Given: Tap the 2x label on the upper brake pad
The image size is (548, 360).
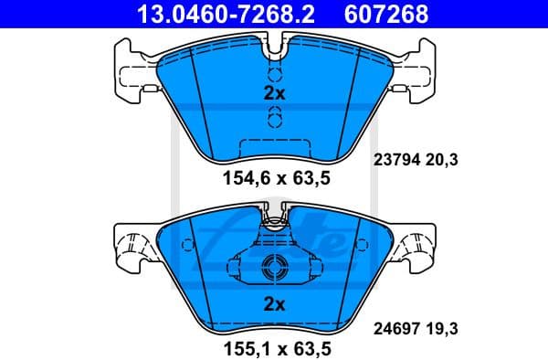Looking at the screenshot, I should (274, 93).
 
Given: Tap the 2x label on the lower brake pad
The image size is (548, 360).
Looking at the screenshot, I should (274, 303).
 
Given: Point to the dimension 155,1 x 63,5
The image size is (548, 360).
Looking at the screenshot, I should (274, 348).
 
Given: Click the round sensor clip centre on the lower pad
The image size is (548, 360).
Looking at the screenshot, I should (274, 268).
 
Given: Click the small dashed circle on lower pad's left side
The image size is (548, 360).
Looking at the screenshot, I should (187, 244).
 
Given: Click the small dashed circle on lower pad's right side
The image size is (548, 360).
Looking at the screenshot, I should (361, 244).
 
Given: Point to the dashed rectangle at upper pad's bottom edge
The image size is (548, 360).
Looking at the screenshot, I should (274, 146).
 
